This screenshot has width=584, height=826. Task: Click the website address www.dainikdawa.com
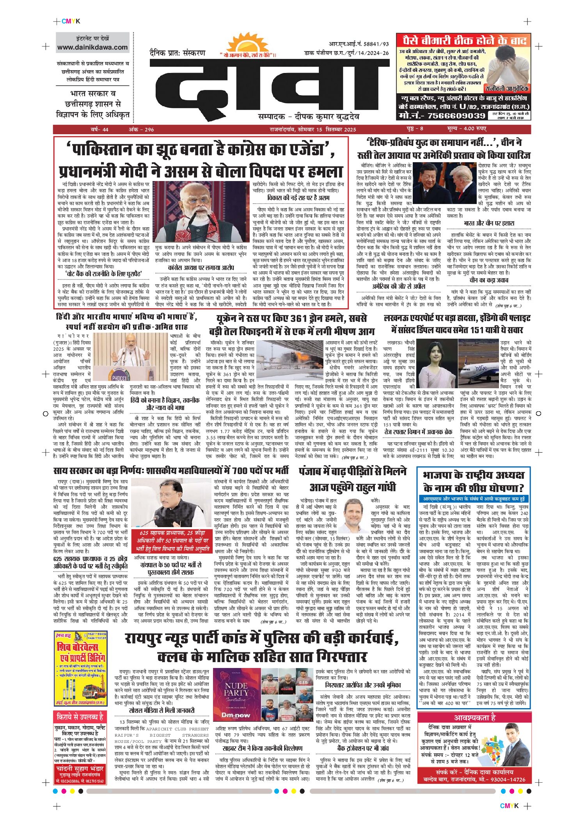(x=92, y=47)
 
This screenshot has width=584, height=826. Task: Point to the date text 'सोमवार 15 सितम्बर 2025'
(x=327, y=129)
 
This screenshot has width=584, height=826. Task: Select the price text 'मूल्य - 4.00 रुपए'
(x=467, y=129)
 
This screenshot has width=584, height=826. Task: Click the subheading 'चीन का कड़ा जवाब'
(x=488, y=280)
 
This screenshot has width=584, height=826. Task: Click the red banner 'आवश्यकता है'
(x=474, y=717)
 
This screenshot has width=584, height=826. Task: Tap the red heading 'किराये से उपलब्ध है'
(x=80, y=717)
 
